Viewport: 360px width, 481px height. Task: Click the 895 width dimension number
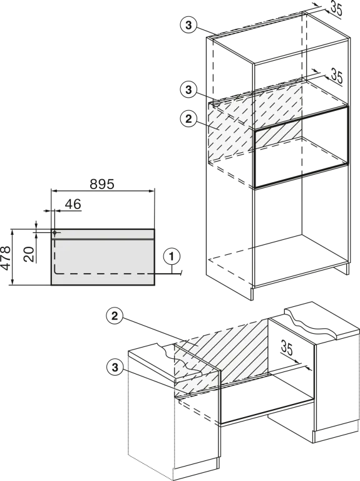tap(102, 184)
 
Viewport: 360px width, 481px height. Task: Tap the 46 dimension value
tap(73, 204)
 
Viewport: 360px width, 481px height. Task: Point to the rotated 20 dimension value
tap(29, 254)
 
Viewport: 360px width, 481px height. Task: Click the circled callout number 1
tap(172, 256)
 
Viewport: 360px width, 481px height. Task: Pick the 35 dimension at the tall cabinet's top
tap(336, 9)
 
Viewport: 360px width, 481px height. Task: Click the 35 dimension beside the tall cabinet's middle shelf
tap(336, 76)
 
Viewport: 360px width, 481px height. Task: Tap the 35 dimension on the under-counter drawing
tap(287, 348)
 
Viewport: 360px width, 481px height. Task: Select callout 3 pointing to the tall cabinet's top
tap(188, 25)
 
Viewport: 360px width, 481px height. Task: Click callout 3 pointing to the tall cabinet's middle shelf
tap(188, 90)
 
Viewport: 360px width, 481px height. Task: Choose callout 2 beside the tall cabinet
tap(188, 119)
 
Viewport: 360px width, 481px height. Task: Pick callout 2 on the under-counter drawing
tap(115, 316)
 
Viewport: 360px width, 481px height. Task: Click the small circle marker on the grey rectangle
tap(54, 232)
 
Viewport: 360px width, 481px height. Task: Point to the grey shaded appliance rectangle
tap(103, 257)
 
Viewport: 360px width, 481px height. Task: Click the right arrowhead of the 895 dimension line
tap(152, 191)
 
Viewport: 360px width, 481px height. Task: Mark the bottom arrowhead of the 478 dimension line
tap(13, 282)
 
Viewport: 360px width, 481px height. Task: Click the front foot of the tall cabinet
tap(253, 294)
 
